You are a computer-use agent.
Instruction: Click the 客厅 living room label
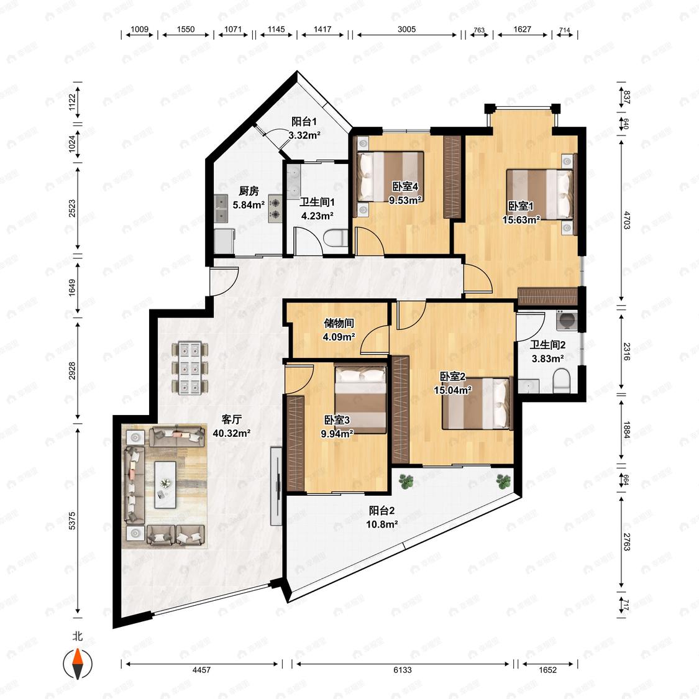pyautogui.click(x=232, y=419)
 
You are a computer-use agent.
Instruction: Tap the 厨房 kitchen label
pyautogui.click(x=249, y=191)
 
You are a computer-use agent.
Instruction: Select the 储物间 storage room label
pyautogui.click(x=339, y=323)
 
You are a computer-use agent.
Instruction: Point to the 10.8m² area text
pyautogui.click(x=382, y=524)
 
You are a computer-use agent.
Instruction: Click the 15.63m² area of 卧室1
pyautogui.click(x=521, y=220)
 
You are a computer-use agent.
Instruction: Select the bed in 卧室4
pyautogui.click(x=391, y=176)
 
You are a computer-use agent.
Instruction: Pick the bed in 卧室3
pyautogui.click(x=360, y=399)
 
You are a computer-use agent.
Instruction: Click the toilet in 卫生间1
pyautogui.click(x=336, y=239)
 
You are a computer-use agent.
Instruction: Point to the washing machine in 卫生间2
pyautogui.click(x=567, y=320)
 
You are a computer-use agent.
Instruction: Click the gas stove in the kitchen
pyautogui.click(x=275, y=208)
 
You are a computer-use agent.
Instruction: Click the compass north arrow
pyautogui.click(x=78, y=664)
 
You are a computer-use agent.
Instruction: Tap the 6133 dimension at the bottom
pyautogui.click(x=403, y=670)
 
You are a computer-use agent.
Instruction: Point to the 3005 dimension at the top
pyautogui.click(x=406, y=29)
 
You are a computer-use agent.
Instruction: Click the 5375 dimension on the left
pyautogui.click(x=72, y=521)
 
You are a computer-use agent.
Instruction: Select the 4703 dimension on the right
pyautogui.click(x=627, y=220)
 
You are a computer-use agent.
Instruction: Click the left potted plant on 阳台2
pyautogui.click(x=406, y=481)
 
